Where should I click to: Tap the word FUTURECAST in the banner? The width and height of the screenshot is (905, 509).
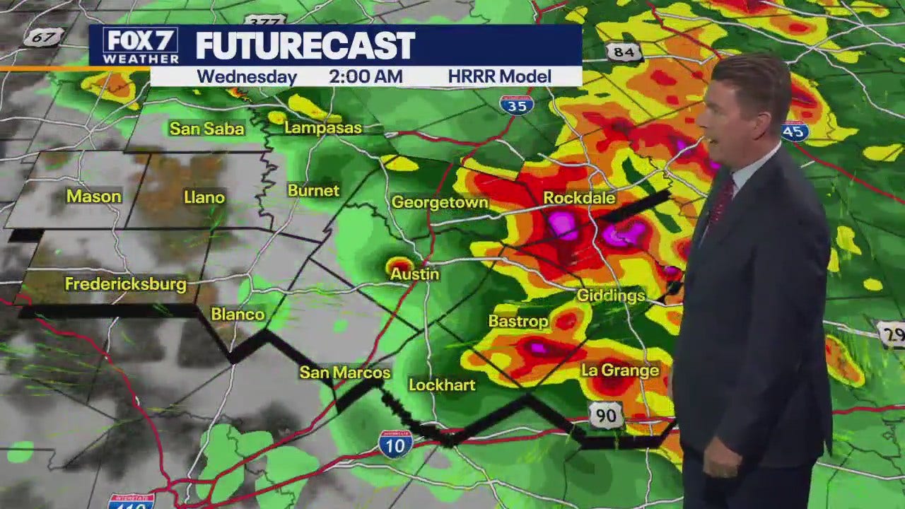coord(305,47)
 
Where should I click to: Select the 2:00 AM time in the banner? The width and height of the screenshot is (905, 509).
coord(366,76)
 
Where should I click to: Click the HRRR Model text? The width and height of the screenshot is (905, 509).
coord(499,76)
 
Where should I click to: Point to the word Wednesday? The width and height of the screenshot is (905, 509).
coord(247,76)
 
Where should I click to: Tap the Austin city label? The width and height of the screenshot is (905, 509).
coord(414,274)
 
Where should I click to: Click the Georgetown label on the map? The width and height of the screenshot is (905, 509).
coord(440,203)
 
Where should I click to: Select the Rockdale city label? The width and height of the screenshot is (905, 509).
coord(579,198)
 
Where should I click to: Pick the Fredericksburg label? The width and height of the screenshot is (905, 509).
coord(126,284)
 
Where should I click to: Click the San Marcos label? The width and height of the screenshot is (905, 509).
coord(345,373)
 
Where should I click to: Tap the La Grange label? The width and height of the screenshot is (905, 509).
coord(620,370)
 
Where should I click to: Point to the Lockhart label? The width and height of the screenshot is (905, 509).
coord(442,385)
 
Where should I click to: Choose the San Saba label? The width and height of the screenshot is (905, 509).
coord(206,129)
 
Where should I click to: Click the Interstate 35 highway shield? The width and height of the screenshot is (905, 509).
coord(516,105)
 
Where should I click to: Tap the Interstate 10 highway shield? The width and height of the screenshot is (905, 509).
coord(395,445)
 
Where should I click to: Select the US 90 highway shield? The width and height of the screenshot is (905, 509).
coord(607,416)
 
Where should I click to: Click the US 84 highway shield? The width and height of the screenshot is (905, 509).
coord(623,52)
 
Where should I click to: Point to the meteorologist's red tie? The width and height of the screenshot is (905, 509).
coord(721,201)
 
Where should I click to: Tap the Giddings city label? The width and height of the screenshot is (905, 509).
coord(611,296)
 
